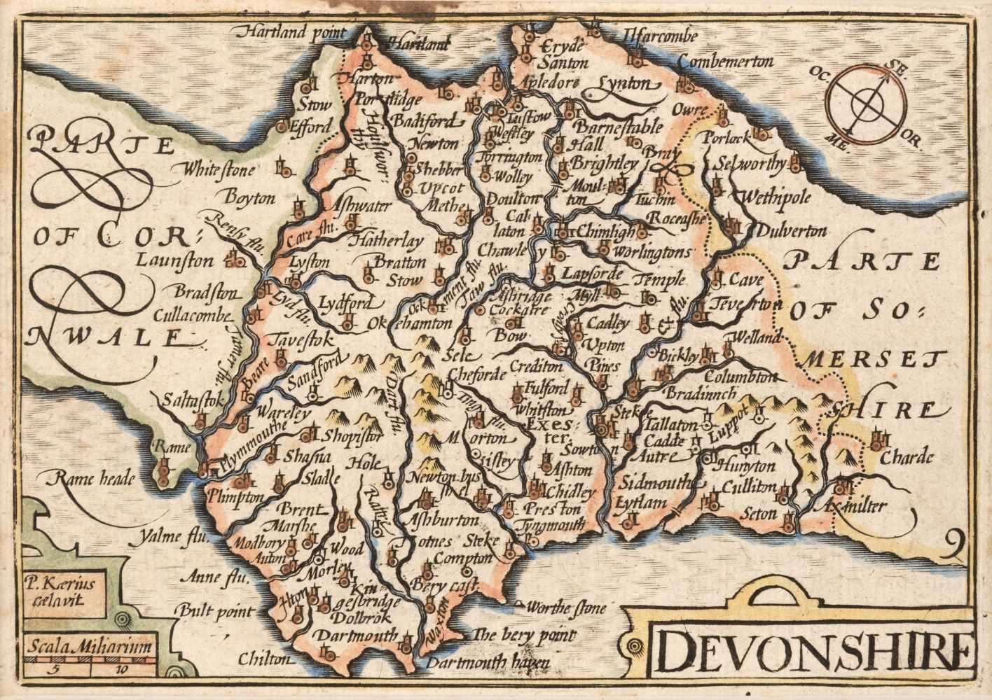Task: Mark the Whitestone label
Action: click(216, 169)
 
